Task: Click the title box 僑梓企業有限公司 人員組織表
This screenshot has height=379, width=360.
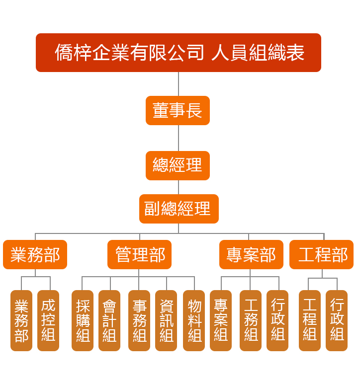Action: (x=178, y=53)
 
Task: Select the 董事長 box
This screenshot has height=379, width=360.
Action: (x=178, y=110)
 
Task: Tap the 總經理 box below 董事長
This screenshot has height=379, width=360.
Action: (x=178, y=165)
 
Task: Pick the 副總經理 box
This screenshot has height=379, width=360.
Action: (x=179, y=209)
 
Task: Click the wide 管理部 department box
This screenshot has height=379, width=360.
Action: (x=140, y=255)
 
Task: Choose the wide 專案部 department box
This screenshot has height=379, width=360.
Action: (x=251, y=255)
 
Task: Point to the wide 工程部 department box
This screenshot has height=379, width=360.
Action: (x=322, y=255)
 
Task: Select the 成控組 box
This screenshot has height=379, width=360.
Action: (x=48, y=320)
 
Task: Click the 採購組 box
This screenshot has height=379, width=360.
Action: (x=83, y=320)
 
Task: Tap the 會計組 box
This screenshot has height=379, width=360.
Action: (x=109, y=320)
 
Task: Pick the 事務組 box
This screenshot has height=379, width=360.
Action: (x=139, y=320)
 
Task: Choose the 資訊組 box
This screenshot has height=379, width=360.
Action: (x=166, y=320)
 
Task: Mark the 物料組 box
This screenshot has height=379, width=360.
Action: (x=194, y=320)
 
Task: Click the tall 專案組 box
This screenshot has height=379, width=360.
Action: (x=221, y=320)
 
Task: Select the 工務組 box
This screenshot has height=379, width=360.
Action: (x=251, y=320)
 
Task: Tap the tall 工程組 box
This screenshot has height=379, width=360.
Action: (x=310, y=320)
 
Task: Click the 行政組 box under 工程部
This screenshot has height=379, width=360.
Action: (x=337, y=320)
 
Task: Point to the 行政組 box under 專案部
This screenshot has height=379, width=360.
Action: (x=277, y=320)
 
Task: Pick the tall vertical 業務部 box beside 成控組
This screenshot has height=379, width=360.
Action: (x=21, y=320)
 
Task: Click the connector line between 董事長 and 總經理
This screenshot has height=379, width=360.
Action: (x=178, y=138)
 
